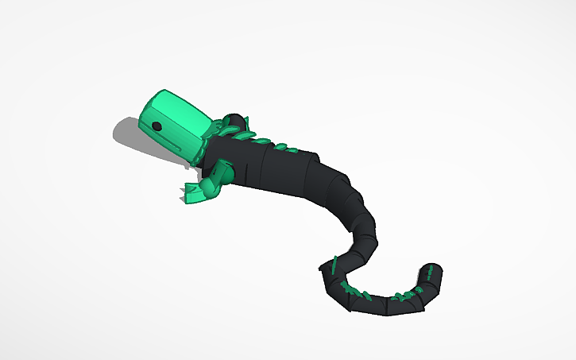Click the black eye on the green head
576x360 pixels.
(x=157, y=126)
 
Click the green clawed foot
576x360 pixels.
(x=193, y=192)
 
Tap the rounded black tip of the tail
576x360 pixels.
(x=433, y=271)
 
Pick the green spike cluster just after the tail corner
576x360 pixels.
(x=354, y=289)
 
